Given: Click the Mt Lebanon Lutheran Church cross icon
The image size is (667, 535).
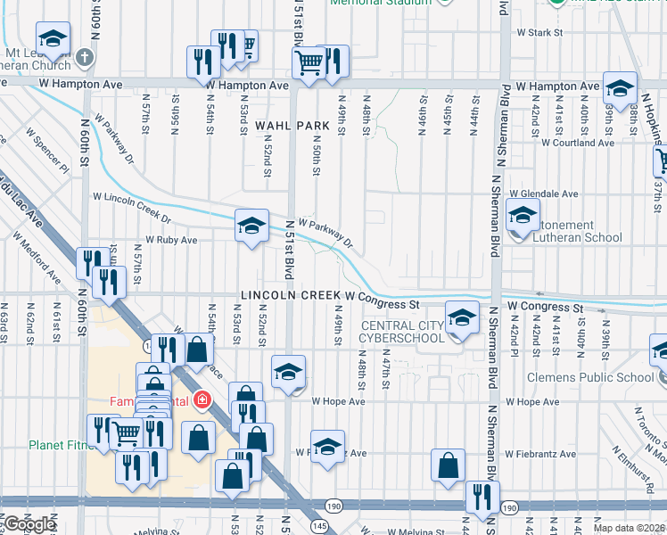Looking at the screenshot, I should pyautogui.click(x=85, y=59).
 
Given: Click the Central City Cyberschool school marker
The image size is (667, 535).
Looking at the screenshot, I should pyautogui.click(x=461, y=319).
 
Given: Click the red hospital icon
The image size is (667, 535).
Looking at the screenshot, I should pyautogui.click(x=203, y=400).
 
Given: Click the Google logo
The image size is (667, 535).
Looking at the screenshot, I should pyautogui.click(x=29, y=524).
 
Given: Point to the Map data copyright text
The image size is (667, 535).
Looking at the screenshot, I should pyautogui.click(x=630, y=528).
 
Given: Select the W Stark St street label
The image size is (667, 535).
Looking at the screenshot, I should pyautogui.click(x=540, y=33).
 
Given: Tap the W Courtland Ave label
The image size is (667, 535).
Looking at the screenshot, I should pyautogui.click(x=577, y=143).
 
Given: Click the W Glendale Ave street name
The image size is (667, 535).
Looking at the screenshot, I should pyautogui.click(x=543, y=193).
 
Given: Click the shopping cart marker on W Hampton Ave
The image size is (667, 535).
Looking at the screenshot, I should pyautogui.click(x=309, y=63).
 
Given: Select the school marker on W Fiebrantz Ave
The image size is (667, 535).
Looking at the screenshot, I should pyautogui.click(x=327, y=446).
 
